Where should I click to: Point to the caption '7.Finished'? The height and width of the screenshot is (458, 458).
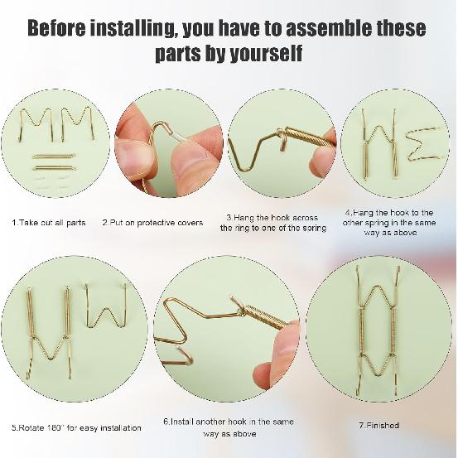coord(378,425)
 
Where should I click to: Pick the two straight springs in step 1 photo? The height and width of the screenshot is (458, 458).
coord(54,162)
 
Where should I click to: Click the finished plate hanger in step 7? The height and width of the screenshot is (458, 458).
coord(378,331)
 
